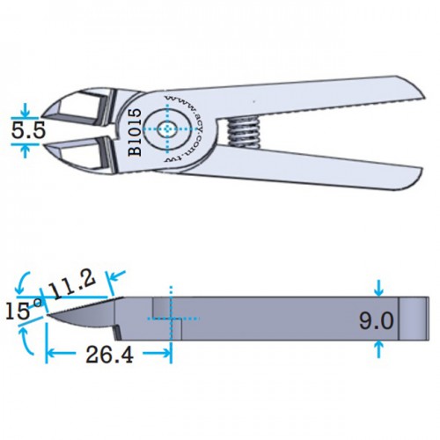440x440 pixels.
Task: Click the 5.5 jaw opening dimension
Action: [28, 130]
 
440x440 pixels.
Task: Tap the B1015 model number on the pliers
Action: [135, 132]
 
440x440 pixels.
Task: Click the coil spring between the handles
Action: [243, 131]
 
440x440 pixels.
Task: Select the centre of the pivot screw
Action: [167, 129]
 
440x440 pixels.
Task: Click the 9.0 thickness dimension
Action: [376, 320]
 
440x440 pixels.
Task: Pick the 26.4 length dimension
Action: [109, 355]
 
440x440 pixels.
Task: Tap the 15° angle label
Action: [24, 310]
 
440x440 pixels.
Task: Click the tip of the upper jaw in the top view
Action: [41, 115]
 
